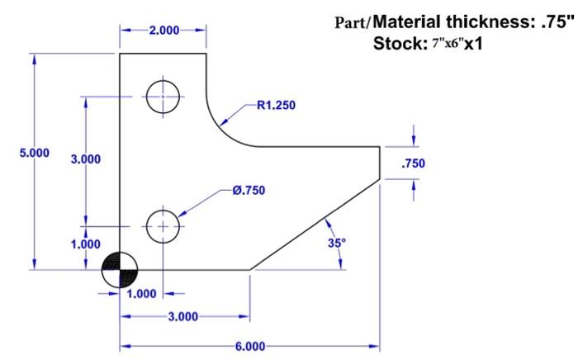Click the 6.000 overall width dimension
(x=249, y=348)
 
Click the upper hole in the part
(x=163, y=97)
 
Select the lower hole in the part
(x=163, y=225)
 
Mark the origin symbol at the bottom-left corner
(x=121, y=269)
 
